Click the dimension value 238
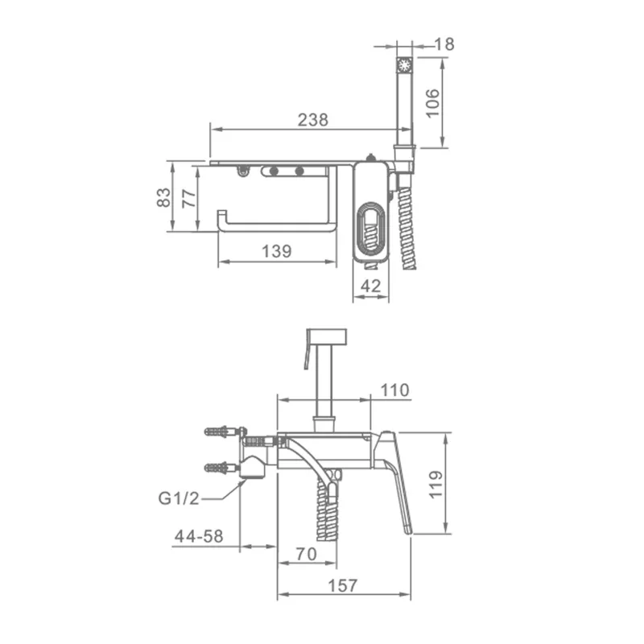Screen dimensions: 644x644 313,120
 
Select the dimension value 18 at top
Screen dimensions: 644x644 444,44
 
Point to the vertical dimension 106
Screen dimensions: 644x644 433,104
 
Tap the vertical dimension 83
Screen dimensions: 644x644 163,197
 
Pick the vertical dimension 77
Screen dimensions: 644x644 189,199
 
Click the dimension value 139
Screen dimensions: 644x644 276,251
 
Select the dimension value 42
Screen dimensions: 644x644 370,286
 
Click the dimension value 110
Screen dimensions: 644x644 394,390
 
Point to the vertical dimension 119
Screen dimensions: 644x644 436,485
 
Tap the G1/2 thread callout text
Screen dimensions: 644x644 179,498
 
